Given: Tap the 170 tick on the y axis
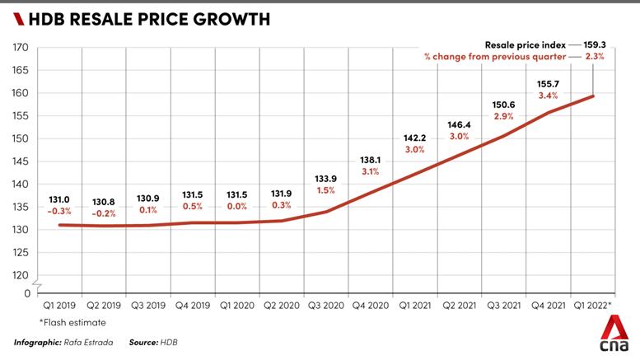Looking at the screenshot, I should (21, 48).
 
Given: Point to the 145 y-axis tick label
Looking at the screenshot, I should (21, 161).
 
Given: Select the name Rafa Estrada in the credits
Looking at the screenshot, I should (86, 341).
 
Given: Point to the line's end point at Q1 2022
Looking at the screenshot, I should (594, 96).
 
